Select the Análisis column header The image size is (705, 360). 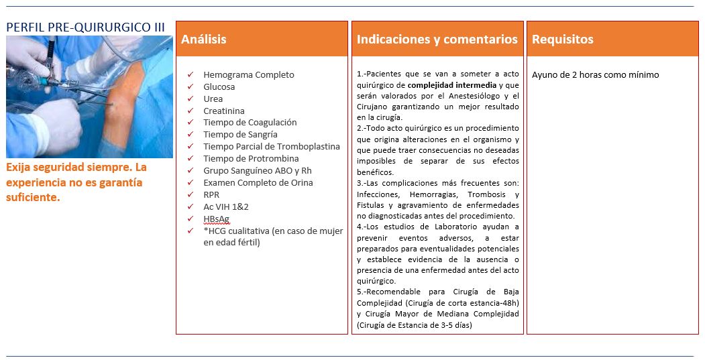tap(204, 39)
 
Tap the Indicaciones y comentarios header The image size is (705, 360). tap(437, 39)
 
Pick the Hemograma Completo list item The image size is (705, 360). tap(248, 74)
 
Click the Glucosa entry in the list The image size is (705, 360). tap(219, 86)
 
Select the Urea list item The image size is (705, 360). tap(213, 99)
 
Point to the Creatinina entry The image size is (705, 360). tap(224, 111)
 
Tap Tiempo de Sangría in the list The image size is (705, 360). tap(241, 134)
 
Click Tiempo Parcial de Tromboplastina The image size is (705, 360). tap(272, 146)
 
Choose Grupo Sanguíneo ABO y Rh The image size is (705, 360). tap(257, 170)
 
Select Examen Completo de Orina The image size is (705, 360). tap(258, 182)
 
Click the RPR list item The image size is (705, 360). tap(212, 194)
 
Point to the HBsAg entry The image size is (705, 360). tap(216, 219)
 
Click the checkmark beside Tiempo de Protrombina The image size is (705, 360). tap(191, 159)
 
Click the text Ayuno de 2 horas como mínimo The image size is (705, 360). tap(595, 74)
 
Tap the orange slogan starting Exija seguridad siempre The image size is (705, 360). tap(76, 182)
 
